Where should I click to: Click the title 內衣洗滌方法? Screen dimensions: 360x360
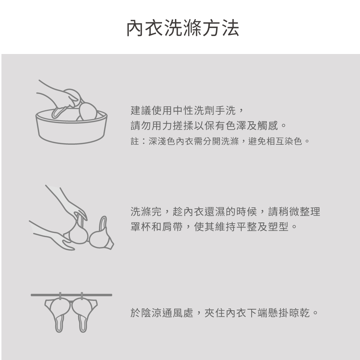tap(183, 28)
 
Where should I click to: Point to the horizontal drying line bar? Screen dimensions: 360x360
tap(71, 295)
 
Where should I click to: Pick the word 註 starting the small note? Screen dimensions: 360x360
tap(135, 141)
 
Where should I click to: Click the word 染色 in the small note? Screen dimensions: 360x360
tap(293, 141)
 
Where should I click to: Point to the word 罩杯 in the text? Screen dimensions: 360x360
tap(141, 226)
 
